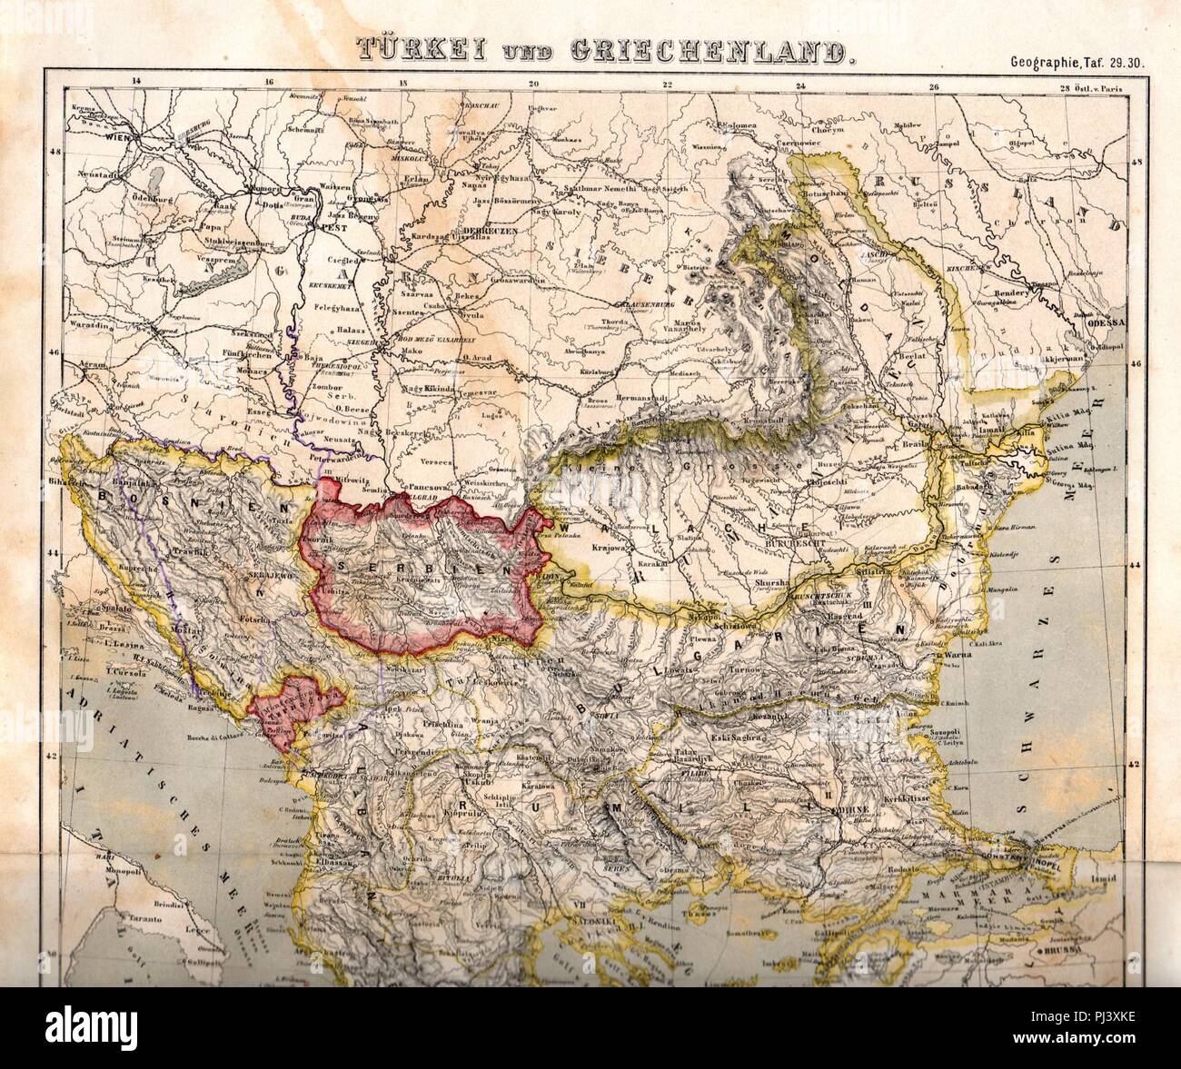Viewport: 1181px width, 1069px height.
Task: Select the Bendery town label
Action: [1013, 297]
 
